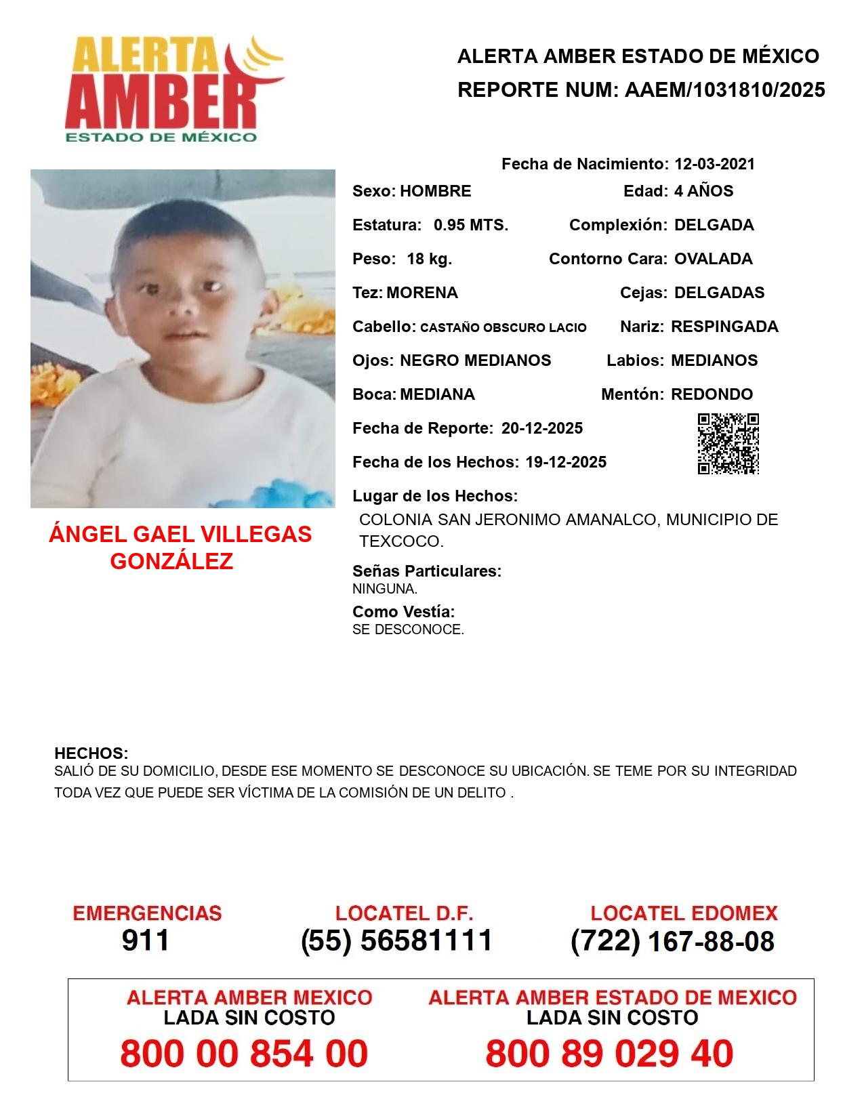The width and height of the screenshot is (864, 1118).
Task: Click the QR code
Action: click(728, 444)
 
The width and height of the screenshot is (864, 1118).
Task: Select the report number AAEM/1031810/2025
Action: click(724, 90)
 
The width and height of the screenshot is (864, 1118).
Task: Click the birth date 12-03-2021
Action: click(714, 164)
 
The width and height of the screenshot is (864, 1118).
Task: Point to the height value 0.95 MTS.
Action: click(471, 225)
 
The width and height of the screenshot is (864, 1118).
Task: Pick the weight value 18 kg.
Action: click(430, 259)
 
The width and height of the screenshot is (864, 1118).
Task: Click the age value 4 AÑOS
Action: click(703, 191)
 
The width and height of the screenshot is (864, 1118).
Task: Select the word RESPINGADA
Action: click(724, 327)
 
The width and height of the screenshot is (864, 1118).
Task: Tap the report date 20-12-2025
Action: click(542, 428)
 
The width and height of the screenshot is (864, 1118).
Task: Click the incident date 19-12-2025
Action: click(566, 462)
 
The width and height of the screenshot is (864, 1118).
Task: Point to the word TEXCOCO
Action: click(400, 542)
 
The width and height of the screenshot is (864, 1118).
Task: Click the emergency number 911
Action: click(146, 940)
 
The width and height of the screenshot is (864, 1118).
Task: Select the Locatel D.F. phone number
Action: click(397, 940)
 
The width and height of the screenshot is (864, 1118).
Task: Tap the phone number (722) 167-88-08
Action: click(672, 941)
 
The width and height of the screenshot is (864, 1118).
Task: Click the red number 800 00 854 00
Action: click(244, 1054)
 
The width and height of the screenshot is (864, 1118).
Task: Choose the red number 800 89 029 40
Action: click(609, 1054)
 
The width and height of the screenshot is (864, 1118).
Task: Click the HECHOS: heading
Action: click(91, 753)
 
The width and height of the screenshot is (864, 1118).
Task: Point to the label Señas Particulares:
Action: click(427, 571)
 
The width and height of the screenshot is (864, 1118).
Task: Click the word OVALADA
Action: click(714, 259)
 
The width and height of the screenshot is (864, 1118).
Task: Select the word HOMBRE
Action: click(436, 191)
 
